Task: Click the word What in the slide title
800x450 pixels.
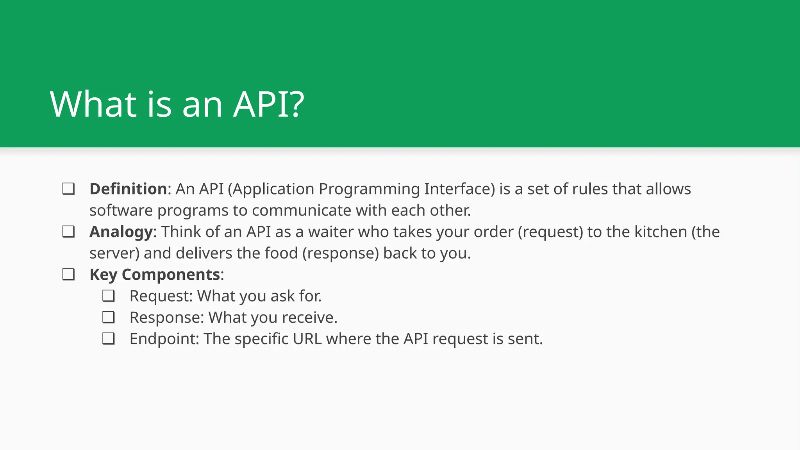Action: pos(93,104)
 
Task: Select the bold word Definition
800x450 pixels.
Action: pos(128,189)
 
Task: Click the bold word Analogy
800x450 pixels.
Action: pos(121,232)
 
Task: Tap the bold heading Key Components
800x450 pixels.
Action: pos(155,275)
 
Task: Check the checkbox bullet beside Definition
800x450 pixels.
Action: pos(68,189)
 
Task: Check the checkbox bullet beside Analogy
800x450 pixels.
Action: pos(68,232)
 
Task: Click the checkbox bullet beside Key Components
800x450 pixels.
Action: pos(68,275)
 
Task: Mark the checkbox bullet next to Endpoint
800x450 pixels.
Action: pos(108,339)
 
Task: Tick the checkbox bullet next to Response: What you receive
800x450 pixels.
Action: pos(108,317)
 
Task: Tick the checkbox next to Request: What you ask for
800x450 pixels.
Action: pos(108,296)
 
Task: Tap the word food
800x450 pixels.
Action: pos(281,253)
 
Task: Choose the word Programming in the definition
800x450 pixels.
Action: pos(369,189)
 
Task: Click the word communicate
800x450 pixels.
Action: pos(302,211)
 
